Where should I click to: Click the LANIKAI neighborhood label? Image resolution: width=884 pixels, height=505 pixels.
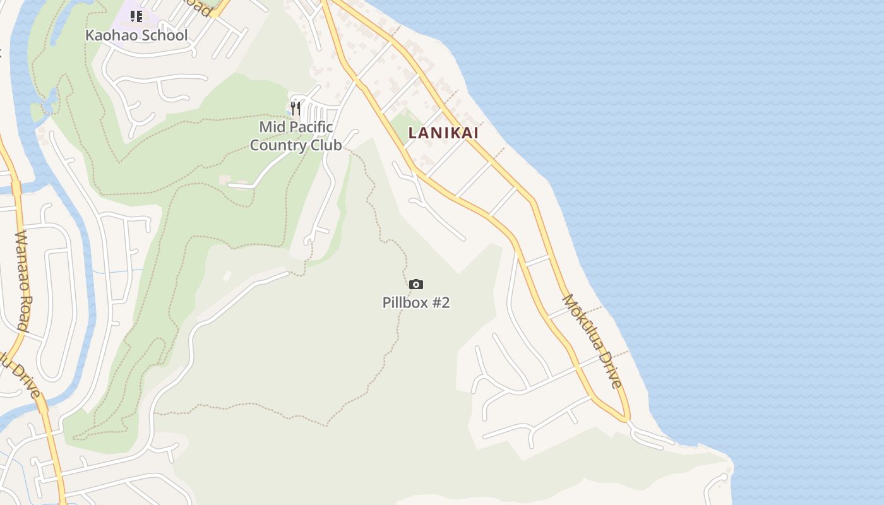click(x=443, y=133)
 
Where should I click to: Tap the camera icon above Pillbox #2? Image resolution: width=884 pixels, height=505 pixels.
click(x=415, y=285)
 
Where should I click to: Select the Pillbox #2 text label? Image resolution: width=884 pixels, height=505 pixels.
click(x=416, y=302)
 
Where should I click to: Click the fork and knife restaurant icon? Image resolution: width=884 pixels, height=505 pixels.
click(x=295, y=109)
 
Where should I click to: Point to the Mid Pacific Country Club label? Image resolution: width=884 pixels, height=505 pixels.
click(x=296, y=136)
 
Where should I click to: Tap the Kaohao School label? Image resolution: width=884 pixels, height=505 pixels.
click(x=136, y=35)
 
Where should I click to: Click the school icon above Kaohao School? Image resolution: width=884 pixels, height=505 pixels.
click(x=136, y=16)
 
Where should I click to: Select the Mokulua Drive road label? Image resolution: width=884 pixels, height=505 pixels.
click(x=593, y=341)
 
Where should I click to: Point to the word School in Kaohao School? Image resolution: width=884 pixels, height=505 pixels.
click(x=164, y=35)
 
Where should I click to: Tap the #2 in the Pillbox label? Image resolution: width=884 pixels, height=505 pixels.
click(x=440, y=302)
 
